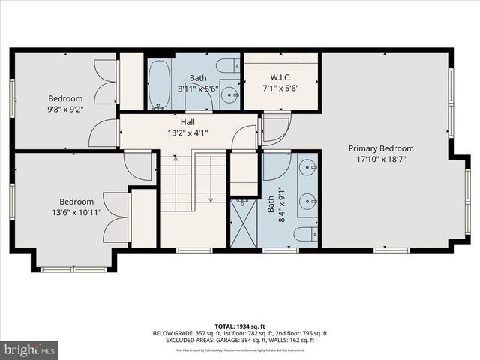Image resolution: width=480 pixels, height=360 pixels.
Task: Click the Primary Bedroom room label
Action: tap(380, 148)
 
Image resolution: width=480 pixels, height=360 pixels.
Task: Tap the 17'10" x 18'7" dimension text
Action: tap(380, 160)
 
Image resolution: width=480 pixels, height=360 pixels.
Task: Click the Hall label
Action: tap(187, 122)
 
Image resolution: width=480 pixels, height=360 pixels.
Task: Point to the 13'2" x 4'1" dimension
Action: tap(187, 133)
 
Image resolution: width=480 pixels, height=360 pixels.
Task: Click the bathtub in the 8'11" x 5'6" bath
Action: tap(159, 84)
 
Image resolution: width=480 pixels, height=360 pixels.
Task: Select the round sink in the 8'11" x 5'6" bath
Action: tap(232, 95)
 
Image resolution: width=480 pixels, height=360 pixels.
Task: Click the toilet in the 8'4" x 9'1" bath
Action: tap(305, 235)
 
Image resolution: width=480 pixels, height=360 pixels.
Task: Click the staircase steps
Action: tap(193, 180)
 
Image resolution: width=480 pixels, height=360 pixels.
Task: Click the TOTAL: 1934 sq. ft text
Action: tap(239, 325)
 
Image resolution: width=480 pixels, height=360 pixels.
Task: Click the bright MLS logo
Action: tap(28, 349)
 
